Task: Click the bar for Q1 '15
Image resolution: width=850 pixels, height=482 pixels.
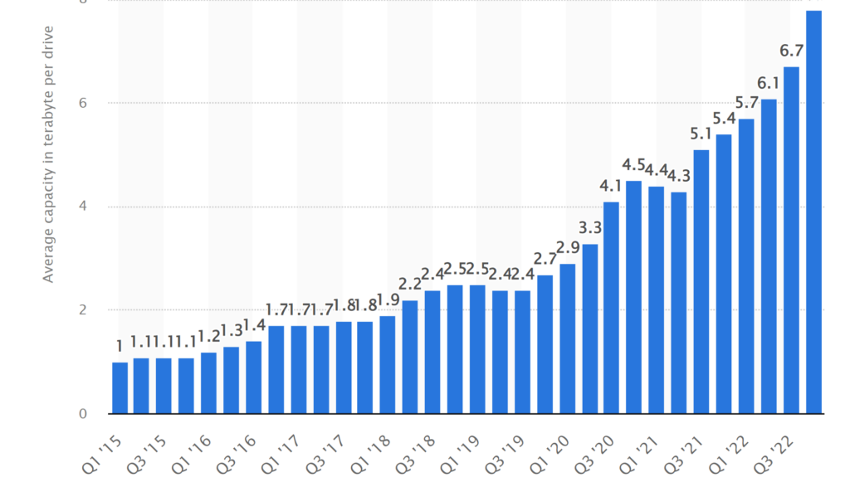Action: (x=120, y=388)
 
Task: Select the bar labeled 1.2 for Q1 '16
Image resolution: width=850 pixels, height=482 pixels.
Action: (x=209, y=383)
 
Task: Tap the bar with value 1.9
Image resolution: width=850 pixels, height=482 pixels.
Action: (x=388, y=365)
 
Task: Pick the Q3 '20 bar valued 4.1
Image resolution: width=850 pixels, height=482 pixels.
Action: (x=612, y=308)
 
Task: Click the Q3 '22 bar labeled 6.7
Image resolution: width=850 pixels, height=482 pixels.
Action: (x=791, y=241)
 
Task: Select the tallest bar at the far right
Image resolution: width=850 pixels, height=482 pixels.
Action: (x=813, y=212)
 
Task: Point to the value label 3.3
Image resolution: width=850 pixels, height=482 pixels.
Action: (x=589, y=228)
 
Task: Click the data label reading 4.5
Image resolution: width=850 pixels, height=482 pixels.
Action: (x=634, y=164)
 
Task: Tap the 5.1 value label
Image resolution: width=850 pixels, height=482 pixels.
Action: (x=701, y=134)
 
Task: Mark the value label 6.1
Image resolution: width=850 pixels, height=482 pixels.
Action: (x=769, y=83)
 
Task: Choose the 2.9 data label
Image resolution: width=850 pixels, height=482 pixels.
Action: (x=567, y=247)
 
